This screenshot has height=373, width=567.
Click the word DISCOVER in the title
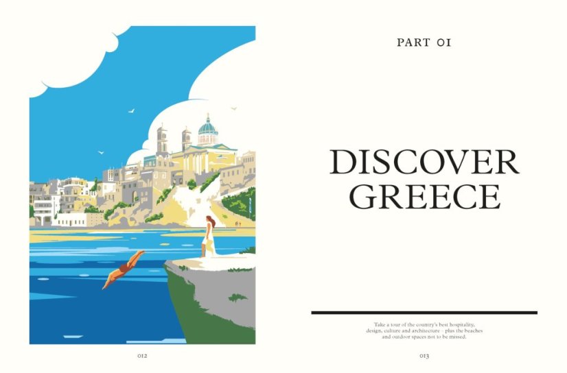pos(424,162)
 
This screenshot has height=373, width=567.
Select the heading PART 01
pos(424,43)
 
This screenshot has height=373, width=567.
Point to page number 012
pos(142,356)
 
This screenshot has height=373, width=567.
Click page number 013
pos(424,356)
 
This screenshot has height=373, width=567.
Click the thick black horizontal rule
pos(424,313)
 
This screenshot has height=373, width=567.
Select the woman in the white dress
pos(208,237)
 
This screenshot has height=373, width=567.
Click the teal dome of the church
pos(207,127)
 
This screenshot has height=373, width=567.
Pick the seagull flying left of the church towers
pos(130,110)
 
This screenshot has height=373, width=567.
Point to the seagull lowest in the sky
pos(101,152)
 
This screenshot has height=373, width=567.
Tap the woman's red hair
pos(210,221)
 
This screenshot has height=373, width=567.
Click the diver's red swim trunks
pos(126,267)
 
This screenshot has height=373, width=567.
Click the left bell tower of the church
pos(162,141)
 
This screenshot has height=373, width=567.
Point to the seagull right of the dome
pos(233,108)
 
